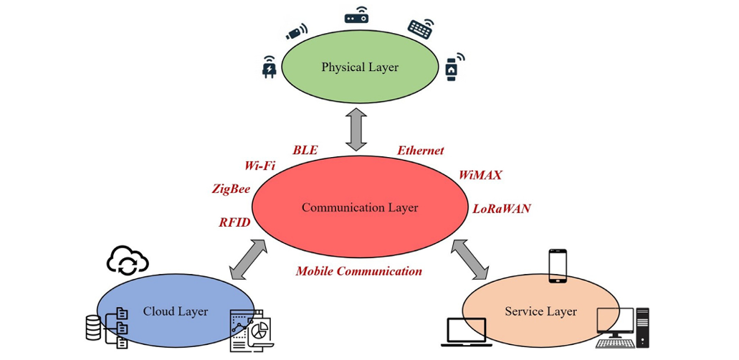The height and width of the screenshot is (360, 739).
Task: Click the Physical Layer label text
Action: coord(360,67)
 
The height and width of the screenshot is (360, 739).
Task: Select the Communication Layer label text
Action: coord(360,208)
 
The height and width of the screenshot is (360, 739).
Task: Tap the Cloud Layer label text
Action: coord(176,311)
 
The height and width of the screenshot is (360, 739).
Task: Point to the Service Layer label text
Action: coord(541,311)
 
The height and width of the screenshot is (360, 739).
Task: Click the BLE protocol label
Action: coord(305,151)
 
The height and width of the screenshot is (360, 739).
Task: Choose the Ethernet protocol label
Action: coord(421,151)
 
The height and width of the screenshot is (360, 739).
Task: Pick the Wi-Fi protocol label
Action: coord(259,166)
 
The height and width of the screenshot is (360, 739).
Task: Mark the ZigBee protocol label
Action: coord(231,189)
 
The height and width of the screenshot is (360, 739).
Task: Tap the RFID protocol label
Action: coord(235,222)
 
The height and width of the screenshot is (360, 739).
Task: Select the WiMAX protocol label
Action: coord(480,175)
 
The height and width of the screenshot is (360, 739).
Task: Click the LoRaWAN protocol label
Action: coord(502,209)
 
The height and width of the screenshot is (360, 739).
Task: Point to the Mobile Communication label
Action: coord(359,271)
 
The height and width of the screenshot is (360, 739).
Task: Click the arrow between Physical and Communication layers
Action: coord(356,130)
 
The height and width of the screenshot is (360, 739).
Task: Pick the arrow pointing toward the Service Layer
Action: coord(469,260)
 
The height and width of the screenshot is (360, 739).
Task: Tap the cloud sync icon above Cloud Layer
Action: coord(128,262)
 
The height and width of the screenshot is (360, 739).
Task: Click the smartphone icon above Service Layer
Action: coord(558,266)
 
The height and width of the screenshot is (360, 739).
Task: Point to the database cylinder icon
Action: coord(93,328)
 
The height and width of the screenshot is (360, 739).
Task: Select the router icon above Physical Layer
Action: coord(356,16)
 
